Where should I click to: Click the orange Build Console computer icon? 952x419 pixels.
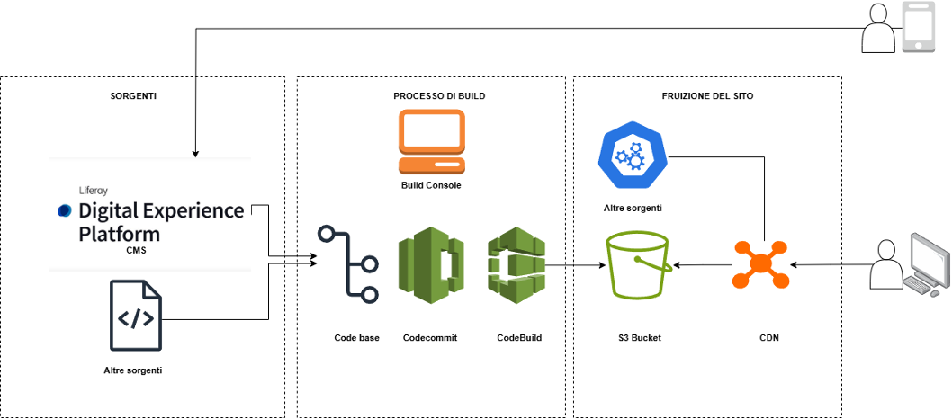click(x=432, y=141)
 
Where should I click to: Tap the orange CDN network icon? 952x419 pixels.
click(x=761, y=265)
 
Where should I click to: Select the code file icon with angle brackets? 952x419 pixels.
click(x=137, y=316)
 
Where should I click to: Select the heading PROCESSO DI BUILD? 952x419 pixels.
click(x=434, y=95)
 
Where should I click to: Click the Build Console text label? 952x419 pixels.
click(x=432, y=185)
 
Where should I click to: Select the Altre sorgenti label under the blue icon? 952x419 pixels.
click(x=633, y=208)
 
